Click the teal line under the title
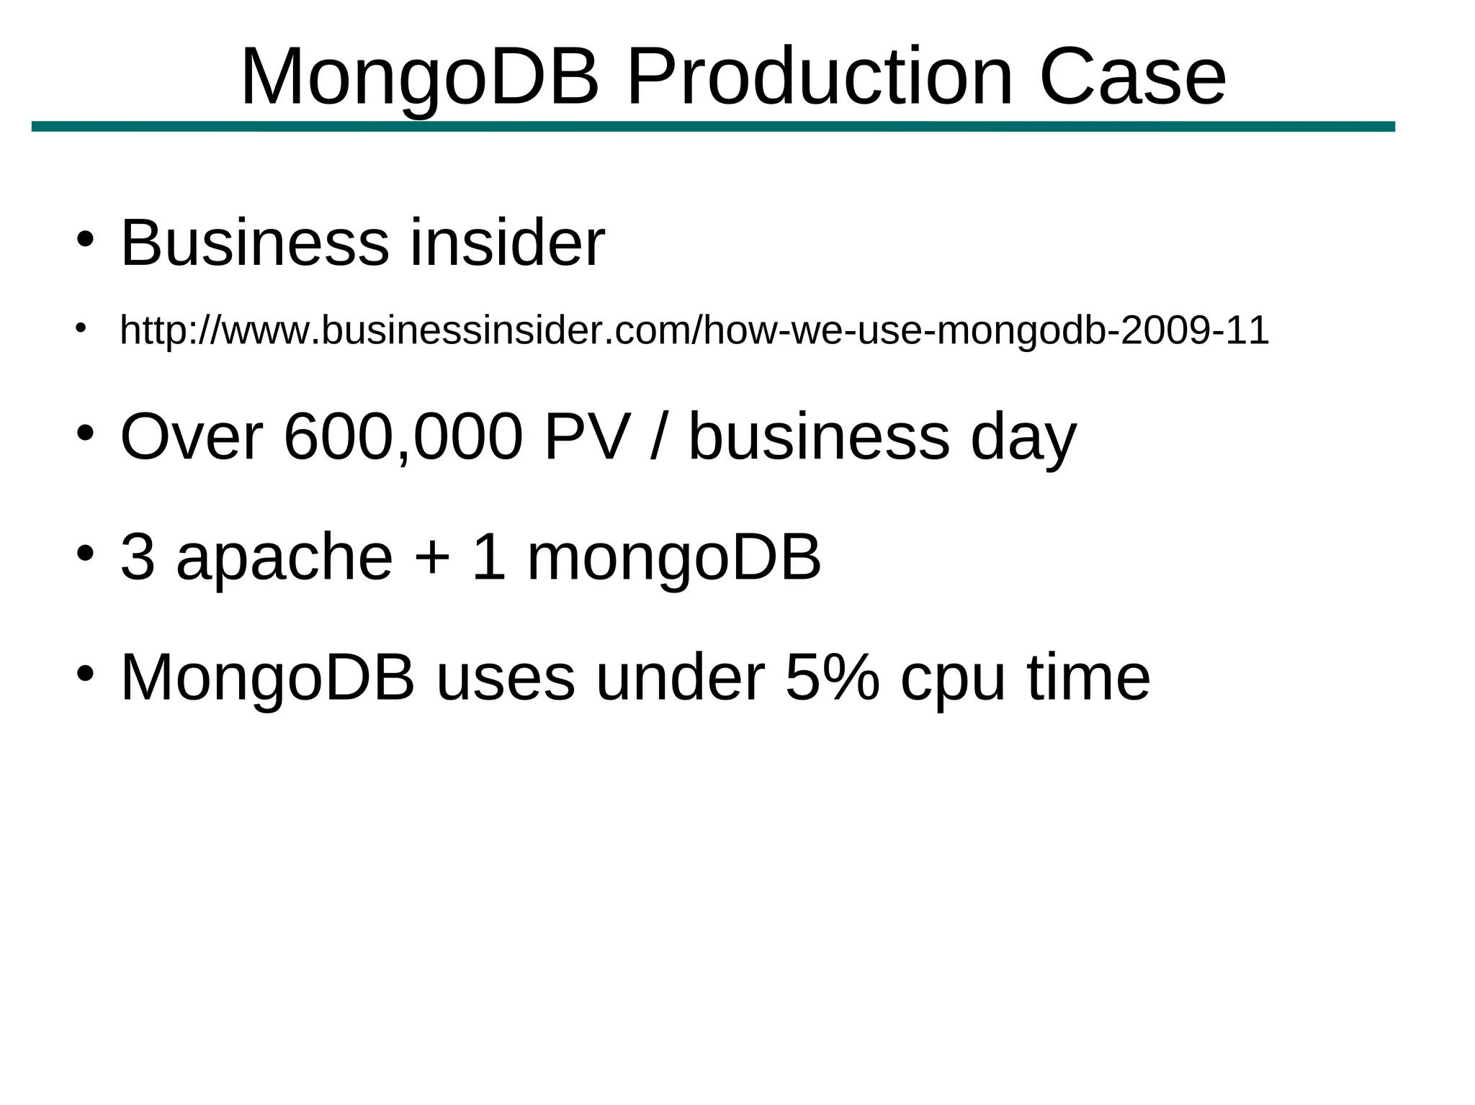(713, 127)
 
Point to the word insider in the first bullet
(507, 243)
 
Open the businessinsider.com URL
(694, 330)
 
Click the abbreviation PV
(588, 436)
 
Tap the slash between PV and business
(657, 436)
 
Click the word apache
(284, 558)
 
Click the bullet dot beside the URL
(81, 328)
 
